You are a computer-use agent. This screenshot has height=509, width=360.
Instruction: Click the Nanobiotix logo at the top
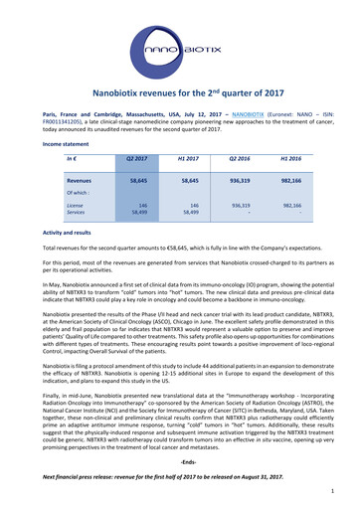tap(179, 45)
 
